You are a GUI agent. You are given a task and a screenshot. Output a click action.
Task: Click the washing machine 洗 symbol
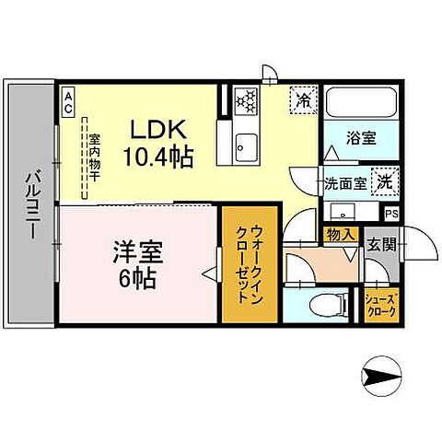(384, 181)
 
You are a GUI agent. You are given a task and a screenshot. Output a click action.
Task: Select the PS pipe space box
(391, 215)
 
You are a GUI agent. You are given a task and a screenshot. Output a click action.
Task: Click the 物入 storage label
(341, 235)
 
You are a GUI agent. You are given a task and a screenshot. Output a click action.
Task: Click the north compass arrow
(379, 377)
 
